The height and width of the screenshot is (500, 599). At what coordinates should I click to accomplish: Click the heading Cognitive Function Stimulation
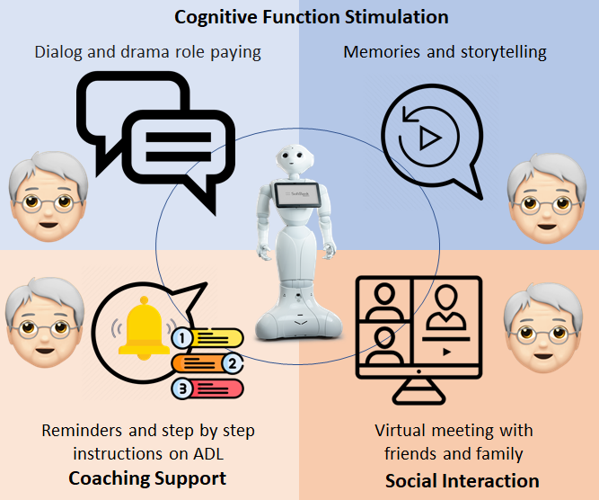click(312, 17)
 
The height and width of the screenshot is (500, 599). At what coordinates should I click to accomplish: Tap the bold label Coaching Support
click(147, 478)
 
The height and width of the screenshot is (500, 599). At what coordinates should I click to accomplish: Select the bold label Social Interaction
click(462, 480)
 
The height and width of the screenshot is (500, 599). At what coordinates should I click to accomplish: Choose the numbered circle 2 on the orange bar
click(233, 364)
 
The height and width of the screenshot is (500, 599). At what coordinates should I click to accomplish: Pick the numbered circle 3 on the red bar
click(182, 389)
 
